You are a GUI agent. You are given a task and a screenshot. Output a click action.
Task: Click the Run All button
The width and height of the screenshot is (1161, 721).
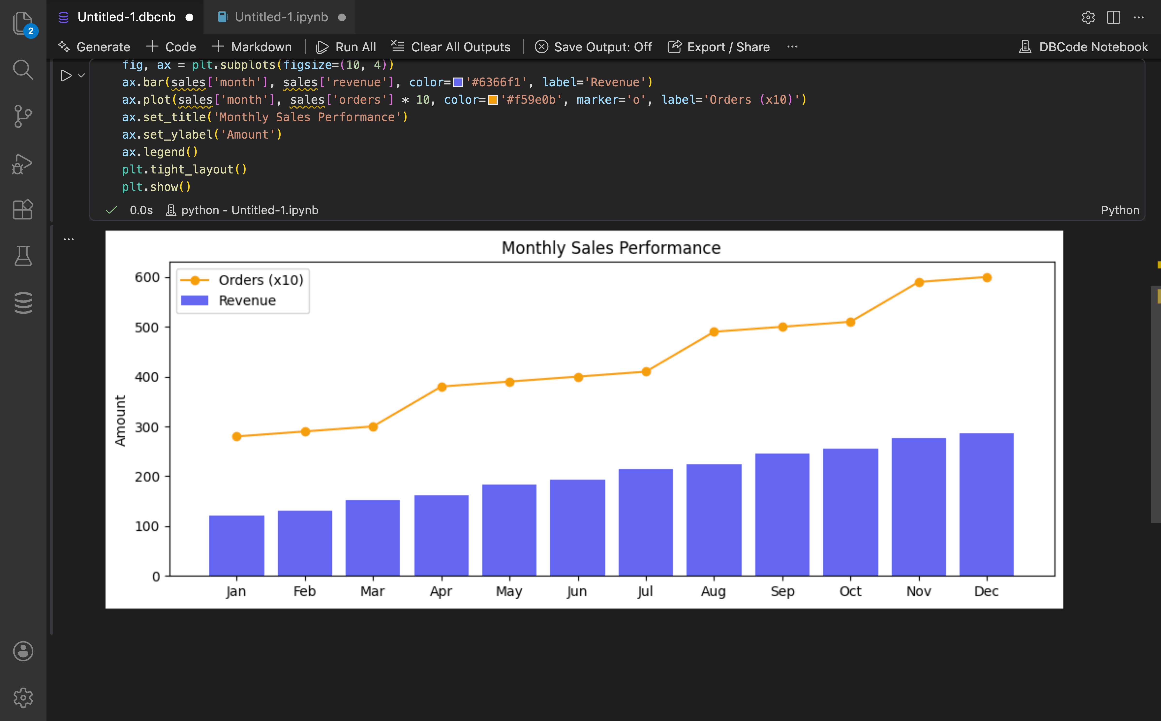[346, 47]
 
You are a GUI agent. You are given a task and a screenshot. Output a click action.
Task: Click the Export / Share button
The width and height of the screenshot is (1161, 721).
[719, 47]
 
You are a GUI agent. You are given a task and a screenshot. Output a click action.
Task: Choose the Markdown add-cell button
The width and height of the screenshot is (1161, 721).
[252, 47]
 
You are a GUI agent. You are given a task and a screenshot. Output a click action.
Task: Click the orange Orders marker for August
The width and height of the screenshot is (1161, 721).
[714, 332]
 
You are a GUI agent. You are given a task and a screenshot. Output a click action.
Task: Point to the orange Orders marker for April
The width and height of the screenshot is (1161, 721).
[442, 387]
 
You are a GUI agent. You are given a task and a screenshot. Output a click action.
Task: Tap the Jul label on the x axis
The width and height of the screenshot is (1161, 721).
[645, 591]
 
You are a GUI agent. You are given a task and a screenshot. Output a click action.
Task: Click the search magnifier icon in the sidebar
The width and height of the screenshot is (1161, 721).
[23, 70]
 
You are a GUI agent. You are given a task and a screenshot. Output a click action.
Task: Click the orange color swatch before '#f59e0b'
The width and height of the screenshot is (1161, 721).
[493, 100]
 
